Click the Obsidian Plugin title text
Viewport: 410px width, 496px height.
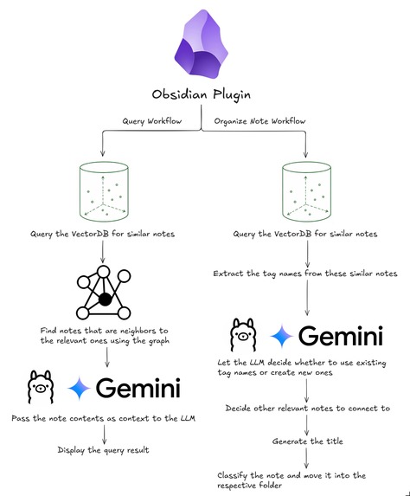point(202,94)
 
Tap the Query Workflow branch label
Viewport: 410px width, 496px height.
point(152,121)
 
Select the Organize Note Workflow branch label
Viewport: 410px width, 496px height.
point(259,121)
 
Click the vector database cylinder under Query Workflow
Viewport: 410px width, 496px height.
point(104,191)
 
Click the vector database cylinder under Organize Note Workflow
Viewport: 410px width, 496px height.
point(306,191)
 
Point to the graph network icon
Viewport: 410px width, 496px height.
point(104,293)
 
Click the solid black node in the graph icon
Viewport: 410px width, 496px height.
point(105,300)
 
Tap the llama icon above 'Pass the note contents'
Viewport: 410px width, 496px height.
point(40,387)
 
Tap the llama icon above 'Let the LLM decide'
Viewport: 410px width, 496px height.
point(243,335)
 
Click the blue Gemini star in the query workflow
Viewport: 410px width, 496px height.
point(80,388)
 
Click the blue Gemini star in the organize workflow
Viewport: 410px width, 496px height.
point(282,336)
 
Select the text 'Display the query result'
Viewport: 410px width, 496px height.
point(104,450)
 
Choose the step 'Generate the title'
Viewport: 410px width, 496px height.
point(308,441)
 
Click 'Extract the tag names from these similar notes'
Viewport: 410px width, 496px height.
point(305,274)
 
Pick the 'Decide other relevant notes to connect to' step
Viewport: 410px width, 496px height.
point(308,408)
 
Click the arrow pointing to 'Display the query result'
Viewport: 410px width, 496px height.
point(104,435)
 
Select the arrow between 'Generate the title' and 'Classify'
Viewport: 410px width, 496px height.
point(306,459)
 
